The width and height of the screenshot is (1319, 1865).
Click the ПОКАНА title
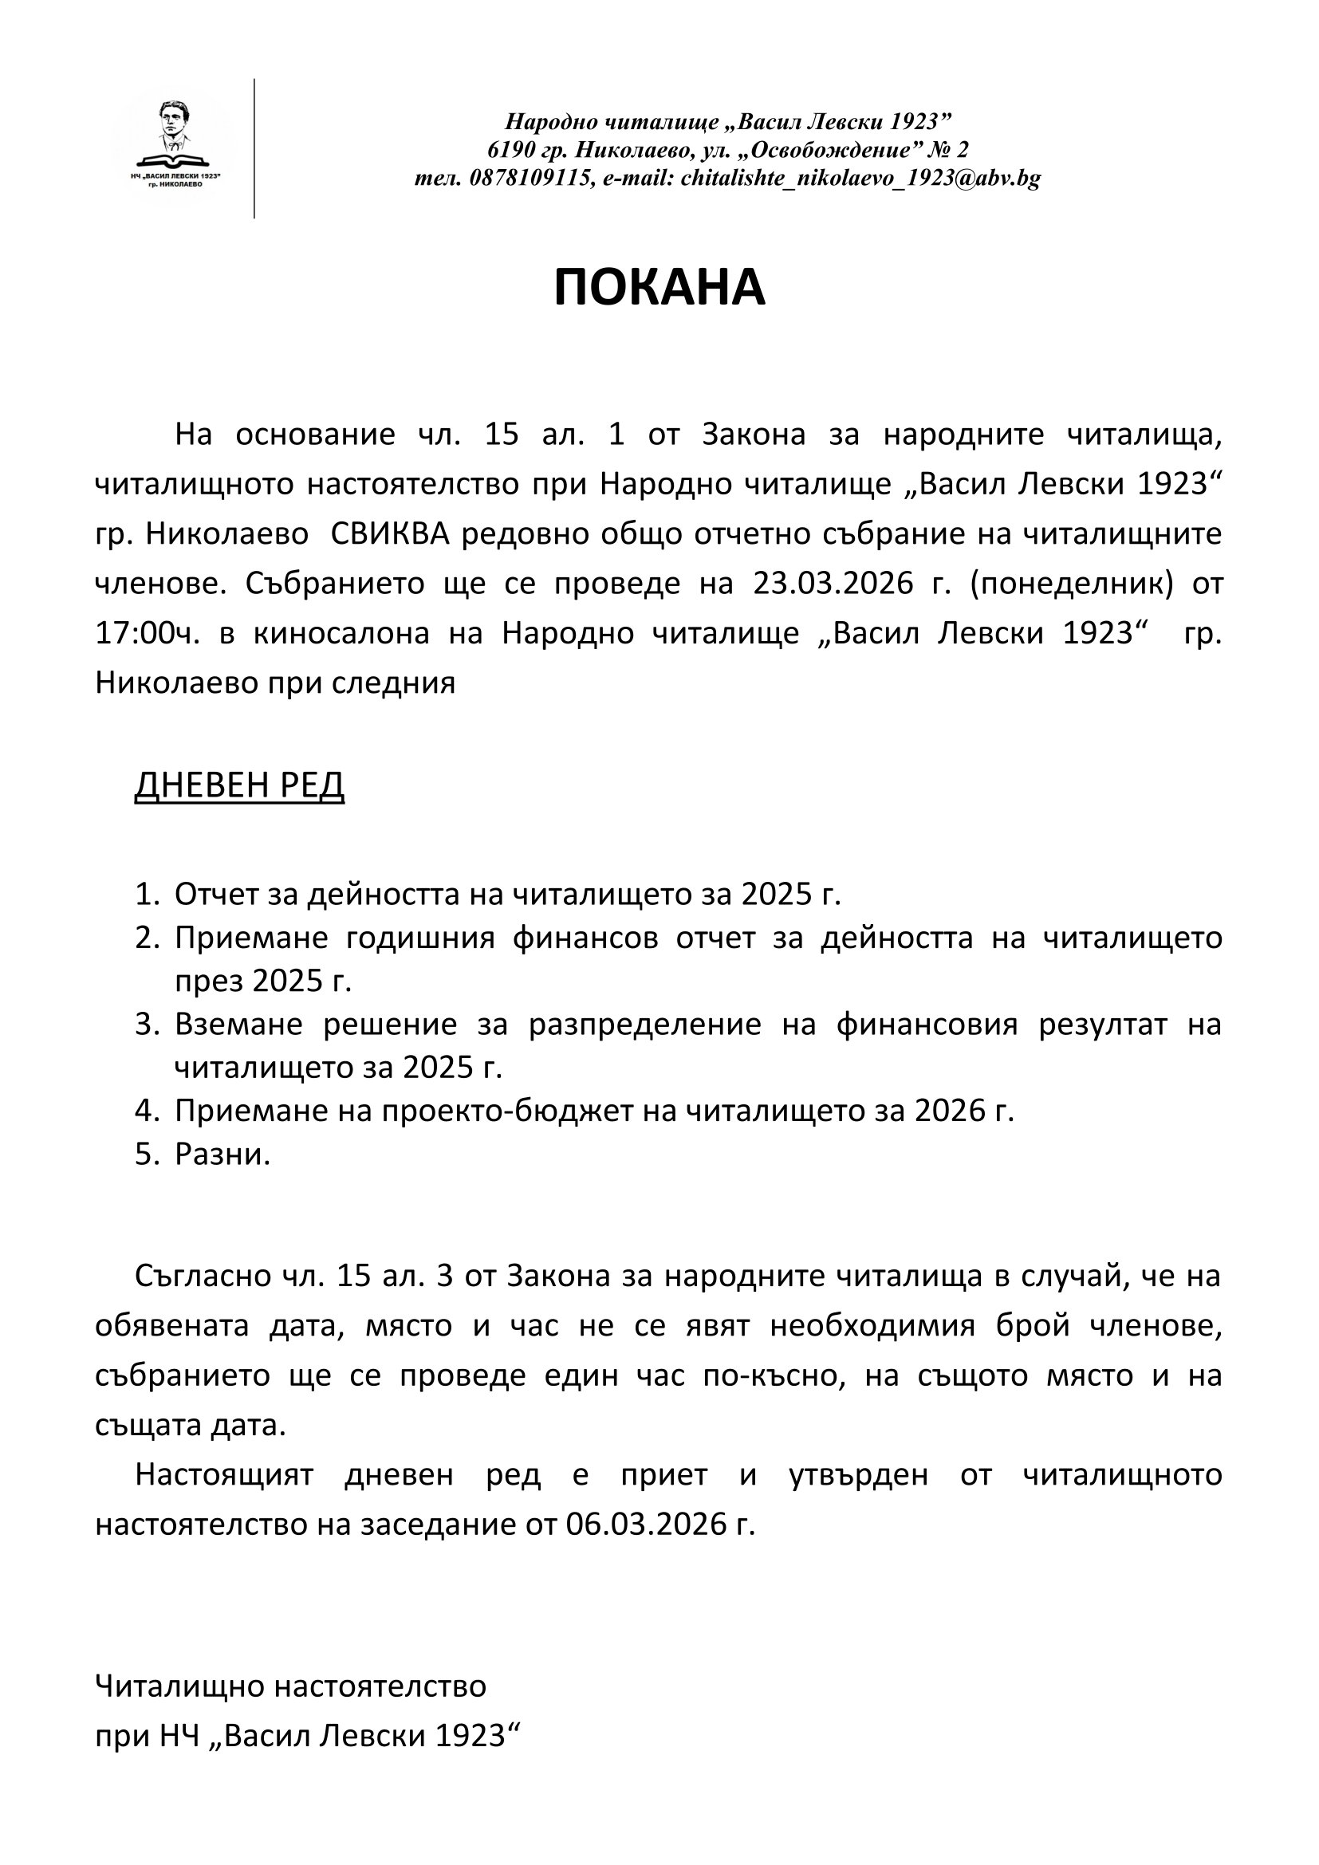coord(659,288)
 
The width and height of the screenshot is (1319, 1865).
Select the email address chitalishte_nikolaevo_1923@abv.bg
coord(861,179)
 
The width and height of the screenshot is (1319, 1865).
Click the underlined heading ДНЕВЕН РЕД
coord(239,785)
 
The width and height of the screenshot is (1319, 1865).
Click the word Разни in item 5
coord(220,1155)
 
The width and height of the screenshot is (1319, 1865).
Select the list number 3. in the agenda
coord(148,1025)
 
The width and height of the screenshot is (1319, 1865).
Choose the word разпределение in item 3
coord(645,1025)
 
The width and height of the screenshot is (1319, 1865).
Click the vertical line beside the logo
coord(254,148)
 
